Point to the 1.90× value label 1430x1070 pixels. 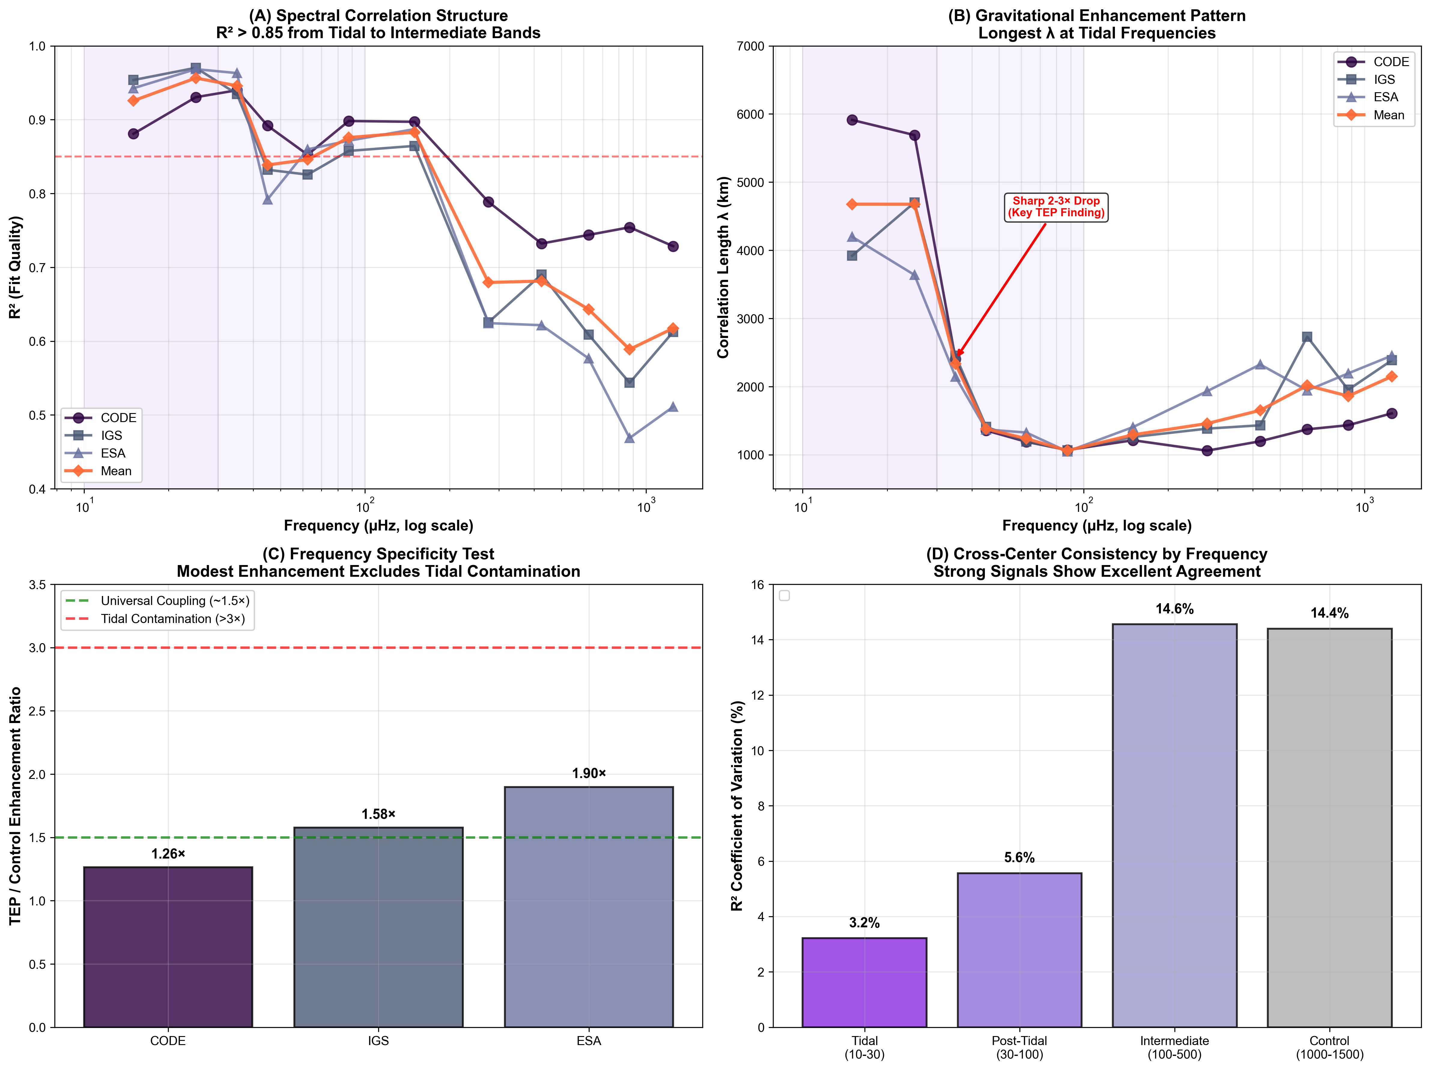[589, 773]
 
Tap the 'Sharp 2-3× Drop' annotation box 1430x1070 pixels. [1056, 207]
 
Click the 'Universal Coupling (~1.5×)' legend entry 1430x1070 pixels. [175, 600]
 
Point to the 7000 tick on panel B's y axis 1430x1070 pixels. [750, 46]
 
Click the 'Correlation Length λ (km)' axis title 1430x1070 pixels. [723, 267]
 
